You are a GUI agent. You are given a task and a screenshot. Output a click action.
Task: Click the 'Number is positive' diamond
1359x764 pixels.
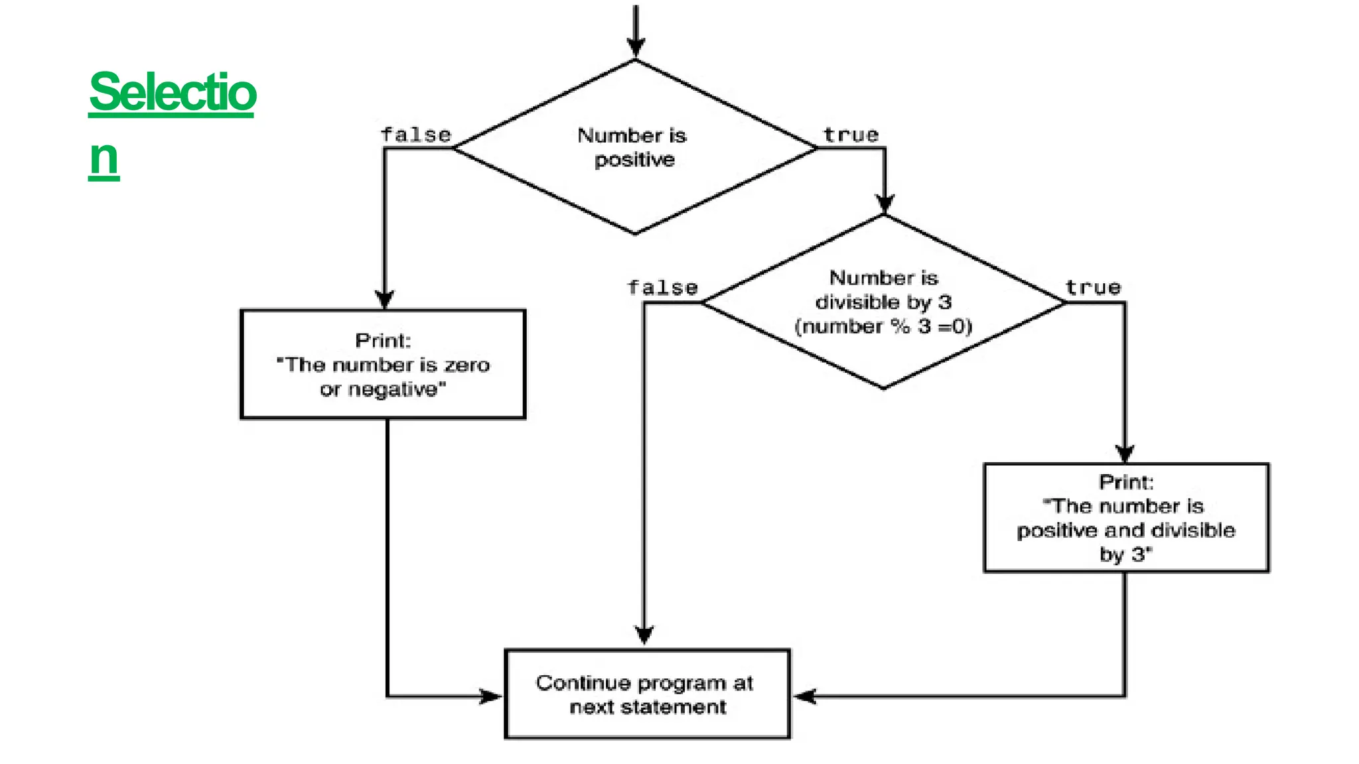pos(634,147)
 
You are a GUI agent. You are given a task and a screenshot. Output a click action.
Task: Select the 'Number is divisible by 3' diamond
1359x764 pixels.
pos(883,302)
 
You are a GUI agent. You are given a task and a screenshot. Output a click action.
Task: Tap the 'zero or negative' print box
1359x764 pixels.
pos(383,364)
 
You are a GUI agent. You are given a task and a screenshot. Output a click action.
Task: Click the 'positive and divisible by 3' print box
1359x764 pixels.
pos(1126,518)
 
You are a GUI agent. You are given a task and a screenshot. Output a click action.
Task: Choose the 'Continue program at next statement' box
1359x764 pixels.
pos(647,694)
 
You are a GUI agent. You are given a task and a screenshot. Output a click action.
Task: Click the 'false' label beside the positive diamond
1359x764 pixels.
pos(416,135)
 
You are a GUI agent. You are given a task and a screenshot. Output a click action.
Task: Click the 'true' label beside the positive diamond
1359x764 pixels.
pos(851,135)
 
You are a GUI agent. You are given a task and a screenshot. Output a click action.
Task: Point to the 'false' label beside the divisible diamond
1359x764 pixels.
pos(662,287)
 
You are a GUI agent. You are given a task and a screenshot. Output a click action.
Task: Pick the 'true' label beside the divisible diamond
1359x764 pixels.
pos(1093,287)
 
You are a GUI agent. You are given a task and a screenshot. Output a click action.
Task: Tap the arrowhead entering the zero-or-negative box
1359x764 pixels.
pos(384,299)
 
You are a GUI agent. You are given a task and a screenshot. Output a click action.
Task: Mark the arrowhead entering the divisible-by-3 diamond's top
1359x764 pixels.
pos(885,204)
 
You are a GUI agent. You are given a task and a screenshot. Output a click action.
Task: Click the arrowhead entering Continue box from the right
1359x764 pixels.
pos(805,696)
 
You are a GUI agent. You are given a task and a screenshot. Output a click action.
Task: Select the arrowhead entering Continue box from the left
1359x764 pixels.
pos(491,696)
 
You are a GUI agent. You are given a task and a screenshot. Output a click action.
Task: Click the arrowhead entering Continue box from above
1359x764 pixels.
pos(644,635)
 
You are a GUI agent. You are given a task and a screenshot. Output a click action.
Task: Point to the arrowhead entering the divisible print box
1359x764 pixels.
pos(1125,454)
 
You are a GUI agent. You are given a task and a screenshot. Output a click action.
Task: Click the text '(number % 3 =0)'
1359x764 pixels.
pos(883,326)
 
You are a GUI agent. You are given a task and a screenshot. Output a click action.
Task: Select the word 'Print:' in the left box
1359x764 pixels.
pos(383,340)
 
